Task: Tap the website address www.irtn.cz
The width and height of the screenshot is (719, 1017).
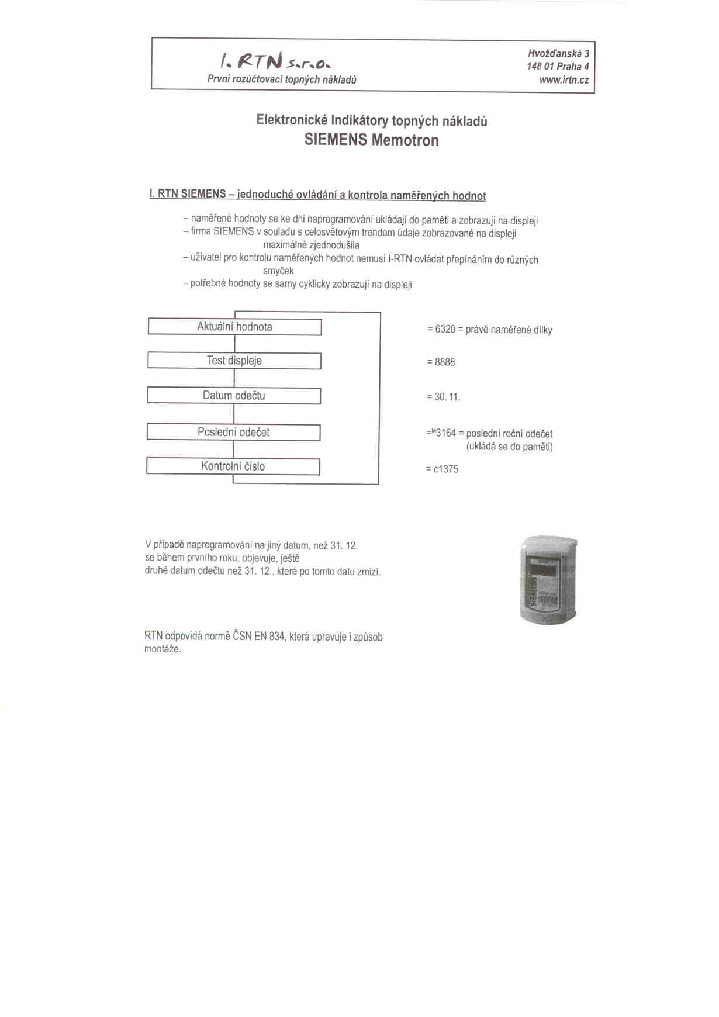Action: click(x=564, y=80)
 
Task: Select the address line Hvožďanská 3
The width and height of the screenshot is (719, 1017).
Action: click(x=558, y=53)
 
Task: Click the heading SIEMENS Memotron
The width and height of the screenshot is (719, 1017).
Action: click(x=371, y=140)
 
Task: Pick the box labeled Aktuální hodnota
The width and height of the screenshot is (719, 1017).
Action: click(x=234, y=327)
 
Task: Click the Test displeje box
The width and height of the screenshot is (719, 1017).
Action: click(x=234, y=361)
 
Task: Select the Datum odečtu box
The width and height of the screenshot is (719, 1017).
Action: click(x=234, y=396)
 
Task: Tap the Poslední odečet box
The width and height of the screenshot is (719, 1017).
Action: click(x=233, y=433)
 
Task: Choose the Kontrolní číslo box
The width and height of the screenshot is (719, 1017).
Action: click(x=233, y=466)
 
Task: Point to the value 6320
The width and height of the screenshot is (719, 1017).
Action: click(x=445, y=330)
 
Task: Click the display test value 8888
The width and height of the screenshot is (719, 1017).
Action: click(x=444, y=362)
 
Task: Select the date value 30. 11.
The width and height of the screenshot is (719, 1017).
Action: click(x=447, y=397)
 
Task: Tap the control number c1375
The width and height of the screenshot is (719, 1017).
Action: click(x=445, y=469)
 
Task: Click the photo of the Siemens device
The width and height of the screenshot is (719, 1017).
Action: click(x=548, y=580)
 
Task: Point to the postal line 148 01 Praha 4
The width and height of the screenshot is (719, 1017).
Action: click(x=558, y=67)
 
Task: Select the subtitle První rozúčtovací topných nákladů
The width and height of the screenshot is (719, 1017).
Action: click(x=282, y=79)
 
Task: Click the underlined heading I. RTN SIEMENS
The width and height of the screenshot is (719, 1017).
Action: click(x=188, y=194)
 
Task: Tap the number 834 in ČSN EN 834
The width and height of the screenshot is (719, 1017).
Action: click(x=276, y=637)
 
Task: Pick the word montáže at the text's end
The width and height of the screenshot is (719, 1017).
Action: click(x=162, y=649)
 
